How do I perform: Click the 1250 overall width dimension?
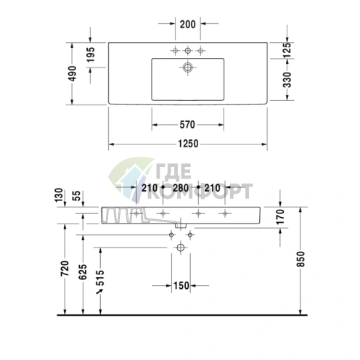(x=188, y=144)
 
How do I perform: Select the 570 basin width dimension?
(x=187, y=125)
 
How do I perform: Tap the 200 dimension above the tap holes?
(x=188, y=24)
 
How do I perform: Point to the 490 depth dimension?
(x=72, y=73)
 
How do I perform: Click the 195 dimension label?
(x=91, y=54)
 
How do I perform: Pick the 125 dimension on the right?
(x=287, y=50)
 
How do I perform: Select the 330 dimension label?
(x=287, y=80)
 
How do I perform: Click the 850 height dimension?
(x=301, y=259)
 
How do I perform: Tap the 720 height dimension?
(x=65, y=269)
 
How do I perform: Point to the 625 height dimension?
(x=83, y=272)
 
